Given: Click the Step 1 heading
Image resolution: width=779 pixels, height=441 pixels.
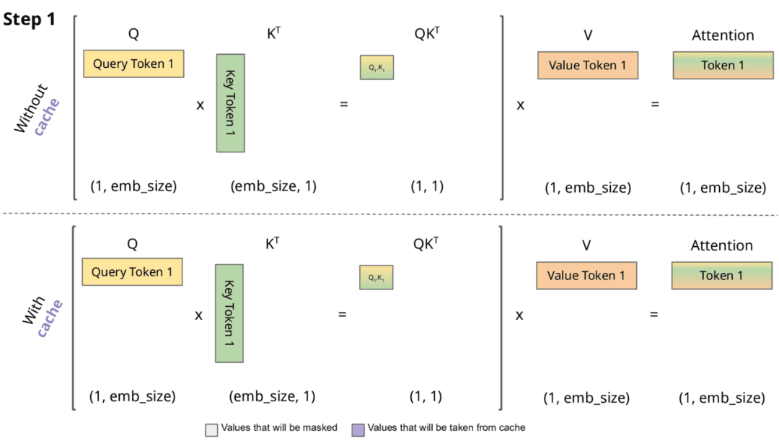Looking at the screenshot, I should click(30, 19).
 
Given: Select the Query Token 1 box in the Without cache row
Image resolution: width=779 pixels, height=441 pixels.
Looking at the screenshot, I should click(133, 64).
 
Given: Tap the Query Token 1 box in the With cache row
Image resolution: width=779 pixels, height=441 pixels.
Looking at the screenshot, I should click(132, 273).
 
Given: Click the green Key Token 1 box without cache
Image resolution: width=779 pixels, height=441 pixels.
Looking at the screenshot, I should click(231, 103).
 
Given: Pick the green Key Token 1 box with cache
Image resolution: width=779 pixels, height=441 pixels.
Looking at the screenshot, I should click(229, 313).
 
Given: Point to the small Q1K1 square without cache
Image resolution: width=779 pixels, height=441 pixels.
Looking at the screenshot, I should click(377, 67).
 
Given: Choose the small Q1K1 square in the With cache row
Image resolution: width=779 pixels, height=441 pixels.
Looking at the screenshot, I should click(377, 277).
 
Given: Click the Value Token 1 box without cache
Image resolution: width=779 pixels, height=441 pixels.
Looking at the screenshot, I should click(587, 66).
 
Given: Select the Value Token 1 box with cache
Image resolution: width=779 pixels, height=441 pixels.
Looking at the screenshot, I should click(586, 276).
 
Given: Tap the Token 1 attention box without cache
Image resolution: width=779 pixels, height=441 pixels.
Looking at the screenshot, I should click(722, 66).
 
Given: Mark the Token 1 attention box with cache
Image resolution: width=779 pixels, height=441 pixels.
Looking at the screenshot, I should click(721, 276).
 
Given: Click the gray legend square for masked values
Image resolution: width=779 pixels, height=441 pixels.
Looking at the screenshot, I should click(211, 429).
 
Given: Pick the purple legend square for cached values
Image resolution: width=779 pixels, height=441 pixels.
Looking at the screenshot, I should click(358, 429).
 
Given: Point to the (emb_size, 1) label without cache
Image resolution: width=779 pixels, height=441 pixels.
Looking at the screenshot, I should click(273, 186).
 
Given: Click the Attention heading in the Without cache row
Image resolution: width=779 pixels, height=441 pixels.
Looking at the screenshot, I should click(722, 35).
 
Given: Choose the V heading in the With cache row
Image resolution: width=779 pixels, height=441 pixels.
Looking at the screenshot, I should click(586, 245).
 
